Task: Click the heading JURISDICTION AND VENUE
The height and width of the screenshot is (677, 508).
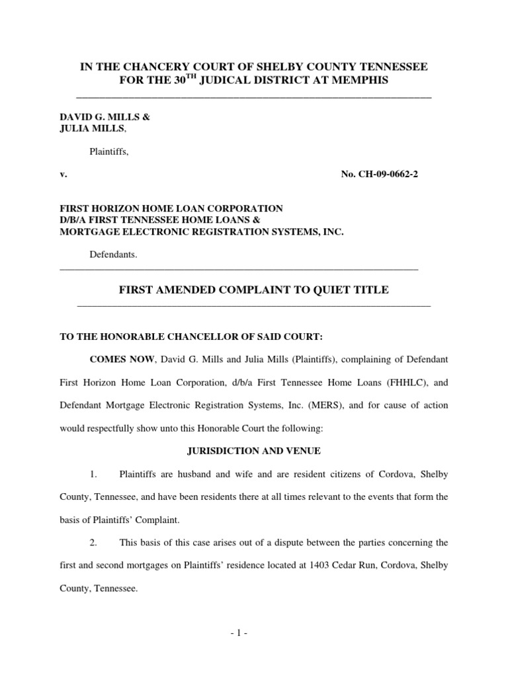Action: point(253,452)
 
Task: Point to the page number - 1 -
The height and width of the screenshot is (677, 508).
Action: point(254,631)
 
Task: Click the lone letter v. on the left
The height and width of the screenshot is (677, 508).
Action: point(63,175)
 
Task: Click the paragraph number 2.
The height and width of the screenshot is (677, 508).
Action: point(94,543)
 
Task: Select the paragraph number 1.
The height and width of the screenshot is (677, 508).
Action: point(94,474)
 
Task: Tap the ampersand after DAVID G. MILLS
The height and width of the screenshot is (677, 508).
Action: point(146,117)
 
